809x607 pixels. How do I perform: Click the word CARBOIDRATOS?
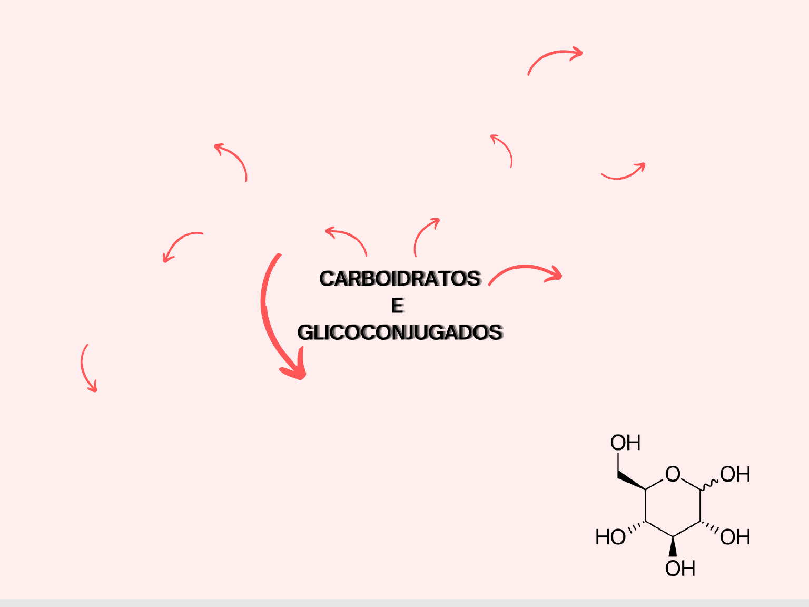point(400,279)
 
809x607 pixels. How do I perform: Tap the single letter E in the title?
point(398,306)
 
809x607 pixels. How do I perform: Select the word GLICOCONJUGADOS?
point(400,332)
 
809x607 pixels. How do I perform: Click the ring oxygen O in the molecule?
point(673,474)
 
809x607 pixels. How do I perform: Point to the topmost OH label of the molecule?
point(625,443)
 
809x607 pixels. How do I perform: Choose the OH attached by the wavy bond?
point(735,474)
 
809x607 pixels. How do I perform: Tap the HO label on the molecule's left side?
point(610,537)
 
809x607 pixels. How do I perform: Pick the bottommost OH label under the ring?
point(680,569)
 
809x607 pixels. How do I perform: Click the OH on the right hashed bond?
point(735,537)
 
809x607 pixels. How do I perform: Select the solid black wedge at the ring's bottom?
point(673,546)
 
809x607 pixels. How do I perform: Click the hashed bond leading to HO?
point(637,527)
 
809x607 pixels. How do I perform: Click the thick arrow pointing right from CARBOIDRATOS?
point(527,271)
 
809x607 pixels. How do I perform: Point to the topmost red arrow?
point(554,57)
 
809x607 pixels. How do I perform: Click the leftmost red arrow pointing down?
point(87,369)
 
